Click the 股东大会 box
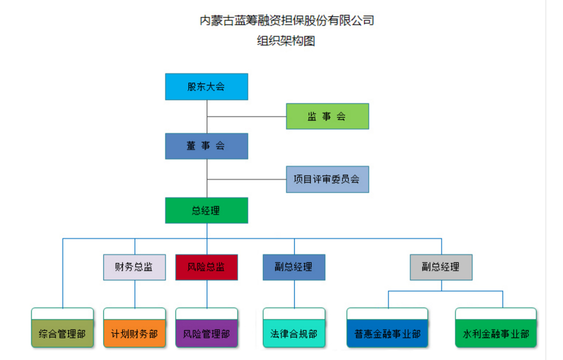tap(206, 87)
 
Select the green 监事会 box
tap(327, 116)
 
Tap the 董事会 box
tap(206, 146)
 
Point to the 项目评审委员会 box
tap(327, 179)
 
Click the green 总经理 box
tap(206, 210)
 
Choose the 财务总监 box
tap(134, 267)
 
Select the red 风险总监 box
tap(206, 267)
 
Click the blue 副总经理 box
tap(294, 267)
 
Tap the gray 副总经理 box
tap(441, 267)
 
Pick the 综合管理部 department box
tap(62, 334)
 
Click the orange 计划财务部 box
tap(134, 334)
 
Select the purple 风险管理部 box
tap(206, 334)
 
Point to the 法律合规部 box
tap(294, 334)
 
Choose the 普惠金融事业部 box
tap(387, 334)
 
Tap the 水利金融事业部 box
tap(496, 334)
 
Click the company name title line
tap(287, 21)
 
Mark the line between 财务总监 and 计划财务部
tap(134, 294)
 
